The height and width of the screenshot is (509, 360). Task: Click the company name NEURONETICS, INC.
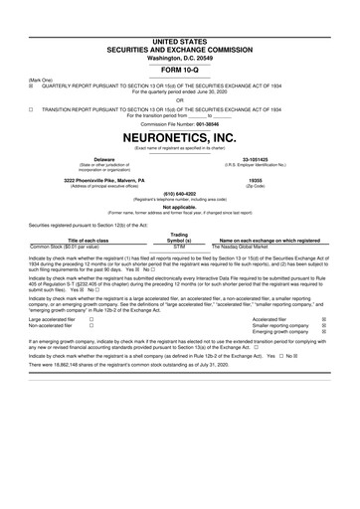click(179, 136)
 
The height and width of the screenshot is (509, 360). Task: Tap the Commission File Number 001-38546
click(179, 122)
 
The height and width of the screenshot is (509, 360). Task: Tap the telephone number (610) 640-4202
click(179, 194)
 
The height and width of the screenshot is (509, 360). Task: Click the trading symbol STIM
click(180, 245)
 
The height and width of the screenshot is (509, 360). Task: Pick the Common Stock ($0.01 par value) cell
click(79, 245)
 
